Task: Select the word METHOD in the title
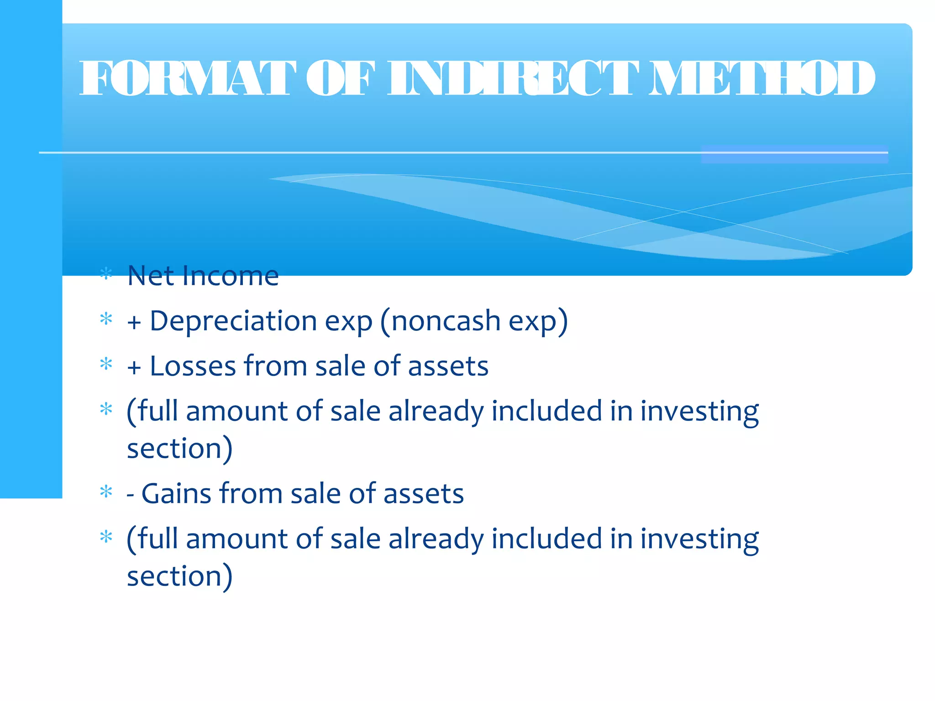point(762,78)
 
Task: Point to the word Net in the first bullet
point(151,276)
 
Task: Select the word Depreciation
point(233,321)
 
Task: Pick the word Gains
point(176,494)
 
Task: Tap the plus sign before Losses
point(134,368)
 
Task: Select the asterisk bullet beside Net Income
point(106,274)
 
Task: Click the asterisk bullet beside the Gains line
point(106,492)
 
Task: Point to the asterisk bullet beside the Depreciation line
point(106,319)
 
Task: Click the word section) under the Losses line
point(179,449)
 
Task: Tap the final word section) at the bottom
point(179,576)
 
